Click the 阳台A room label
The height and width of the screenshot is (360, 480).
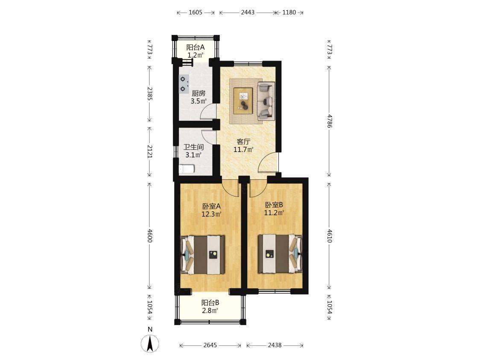[195, 47]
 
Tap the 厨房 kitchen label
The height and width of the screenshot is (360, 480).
[199, 94]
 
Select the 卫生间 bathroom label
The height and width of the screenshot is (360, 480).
[193, 147]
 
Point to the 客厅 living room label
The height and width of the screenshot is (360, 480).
[244, 142]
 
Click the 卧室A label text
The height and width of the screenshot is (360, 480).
[211, 206]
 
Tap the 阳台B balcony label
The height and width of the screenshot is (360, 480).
[210, 303]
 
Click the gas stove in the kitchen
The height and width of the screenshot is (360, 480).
[184, 84]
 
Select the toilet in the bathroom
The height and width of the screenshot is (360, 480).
[187, 169]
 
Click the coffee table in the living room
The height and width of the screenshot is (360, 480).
[243, 101]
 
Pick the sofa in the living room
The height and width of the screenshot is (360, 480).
[266, 101]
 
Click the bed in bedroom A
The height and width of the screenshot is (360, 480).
[203, 255]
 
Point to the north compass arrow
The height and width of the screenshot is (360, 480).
[150, 343]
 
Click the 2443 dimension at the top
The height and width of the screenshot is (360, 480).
[248, 12]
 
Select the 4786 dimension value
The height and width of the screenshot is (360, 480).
[329, 121]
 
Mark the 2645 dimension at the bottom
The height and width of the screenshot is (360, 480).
[210, 345]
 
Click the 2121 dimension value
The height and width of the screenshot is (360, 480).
[150, 152]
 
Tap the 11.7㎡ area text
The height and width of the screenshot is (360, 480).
[243, 150]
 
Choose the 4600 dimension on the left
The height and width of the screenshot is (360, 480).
[150, 235]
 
